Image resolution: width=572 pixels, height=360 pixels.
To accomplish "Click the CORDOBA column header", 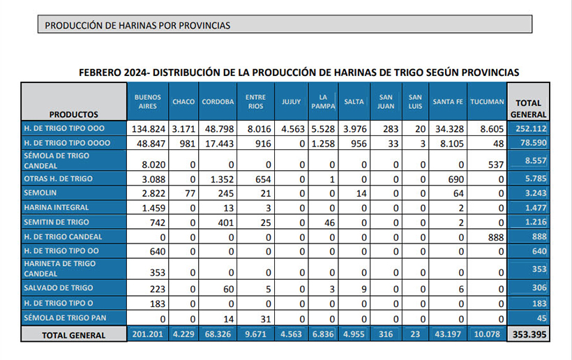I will point(218,102).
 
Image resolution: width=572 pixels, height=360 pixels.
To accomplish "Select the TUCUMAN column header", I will point(486,102).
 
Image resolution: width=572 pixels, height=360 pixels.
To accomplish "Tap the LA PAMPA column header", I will point(324,102).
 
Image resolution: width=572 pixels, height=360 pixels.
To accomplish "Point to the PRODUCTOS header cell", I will point(74,114).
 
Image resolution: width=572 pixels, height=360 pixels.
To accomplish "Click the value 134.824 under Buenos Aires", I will point(147,129).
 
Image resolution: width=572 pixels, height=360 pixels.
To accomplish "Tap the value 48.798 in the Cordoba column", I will point(218,129).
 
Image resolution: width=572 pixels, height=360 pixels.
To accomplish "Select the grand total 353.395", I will point(529,335).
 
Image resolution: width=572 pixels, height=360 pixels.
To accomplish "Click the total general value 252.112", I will point(529,129).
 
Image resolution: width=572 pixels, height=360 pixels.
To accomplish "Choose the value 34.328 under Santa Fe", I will point(448,129).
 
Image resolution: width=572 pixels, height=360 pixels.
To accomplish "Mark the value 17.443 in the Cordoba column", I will point(218,143).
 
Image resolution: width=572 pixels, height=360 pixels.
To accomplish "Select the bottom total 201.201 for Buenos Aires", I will point(147,335).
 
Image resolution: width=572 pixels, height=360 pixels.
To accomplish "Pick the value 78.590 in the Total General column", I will point(529,143).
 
